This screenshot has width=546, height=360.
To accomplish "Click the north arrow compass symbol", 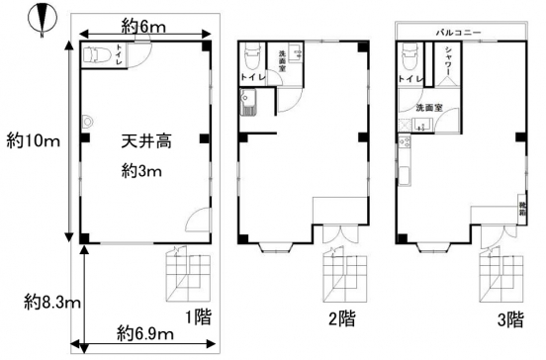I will [41, 19].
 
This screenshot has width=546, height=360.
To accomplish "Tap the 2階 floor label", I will [342, 318].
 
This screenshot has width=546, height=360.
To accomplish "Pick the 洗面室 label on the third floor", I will [429, 107].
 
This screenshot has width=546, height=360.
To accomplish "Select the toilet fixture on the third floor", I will [408, 55].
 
